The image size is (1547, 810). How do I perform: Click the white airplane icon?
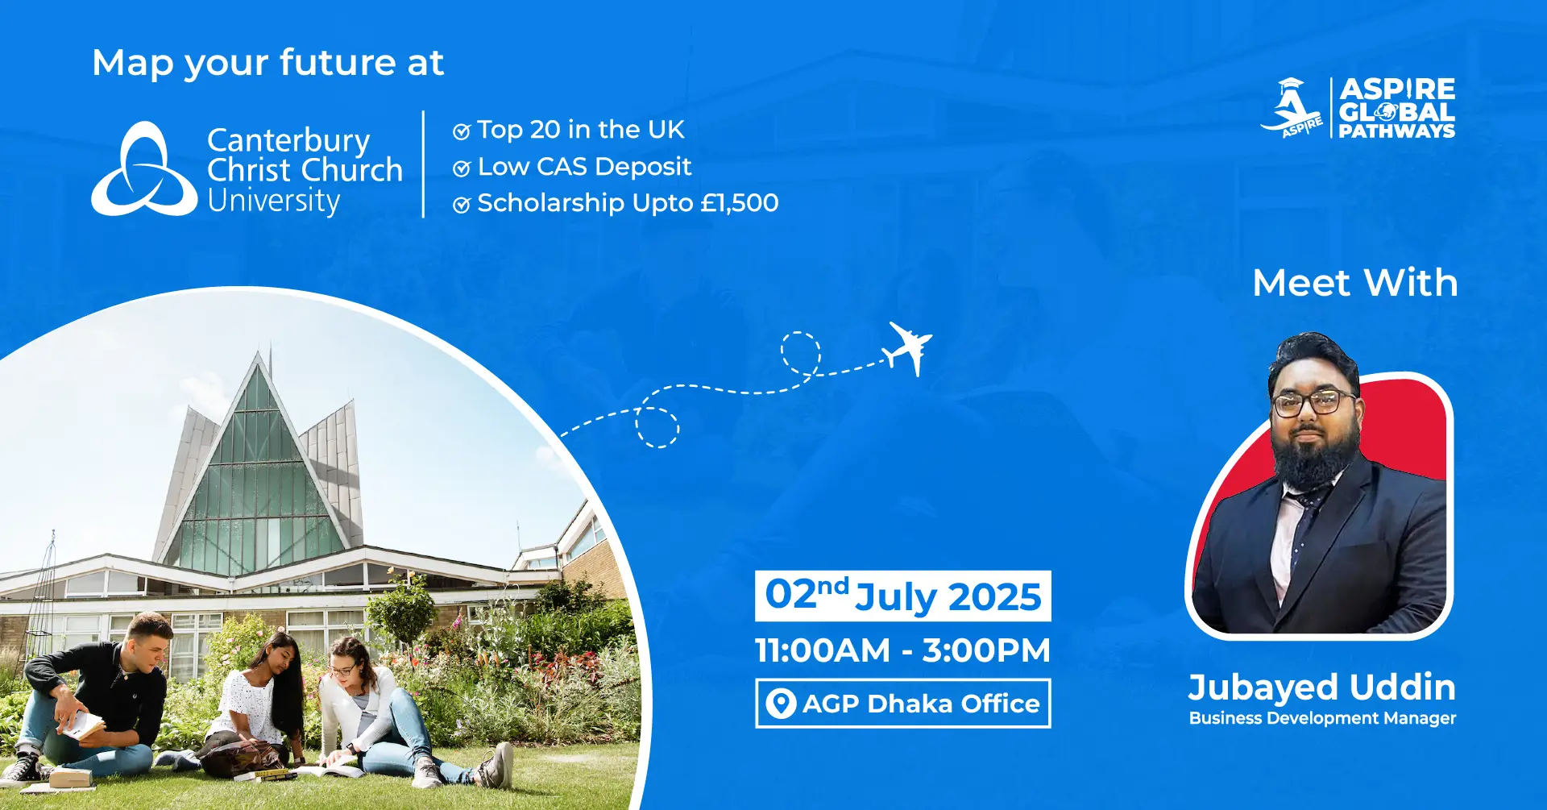pyautogui.click(x=909, y=348)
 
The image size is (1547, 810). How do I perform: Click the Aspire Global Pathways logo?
pyautogui.click(x=1358, y=108)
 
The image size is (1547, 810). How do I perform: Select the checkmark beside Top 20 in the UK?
pyautogui.click(x=462, y=131)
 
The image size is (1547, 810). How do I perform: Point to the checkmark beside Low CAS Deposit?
pyautogui.click(x=462, y=168)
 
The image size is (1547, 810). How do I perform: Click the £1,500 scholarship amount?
pyautogui.click(x=740, y=202)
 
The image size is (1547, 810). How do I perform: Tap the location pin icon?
pyautogui.click(x=780, y=704)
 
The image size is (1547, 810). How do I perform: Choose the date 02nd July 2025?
pyautogui.click(x=903, y=596)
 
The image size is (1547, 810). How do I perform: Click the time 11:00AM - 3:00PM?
pyautogui.click(x=903, y=650)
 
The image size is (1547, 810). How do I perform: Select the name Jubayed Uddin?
pyautogui.click(x=1322, y=687)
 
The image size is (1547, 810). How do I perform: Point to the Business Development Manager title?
pyautogui.click(x=1322, y=718)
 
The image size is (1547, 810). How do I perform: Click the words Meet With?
pyautogui.click(x=1355, y=283)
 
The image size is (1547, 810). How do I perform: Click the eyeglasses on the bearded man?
pyautogui.click(x=1313, y=401)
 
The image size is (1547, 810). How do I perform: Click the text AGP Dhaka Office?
pyautogui.click(x=921, y=704)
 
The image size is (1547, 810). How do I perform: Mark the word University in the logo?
pyautogui.click(x=274, y=201)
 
